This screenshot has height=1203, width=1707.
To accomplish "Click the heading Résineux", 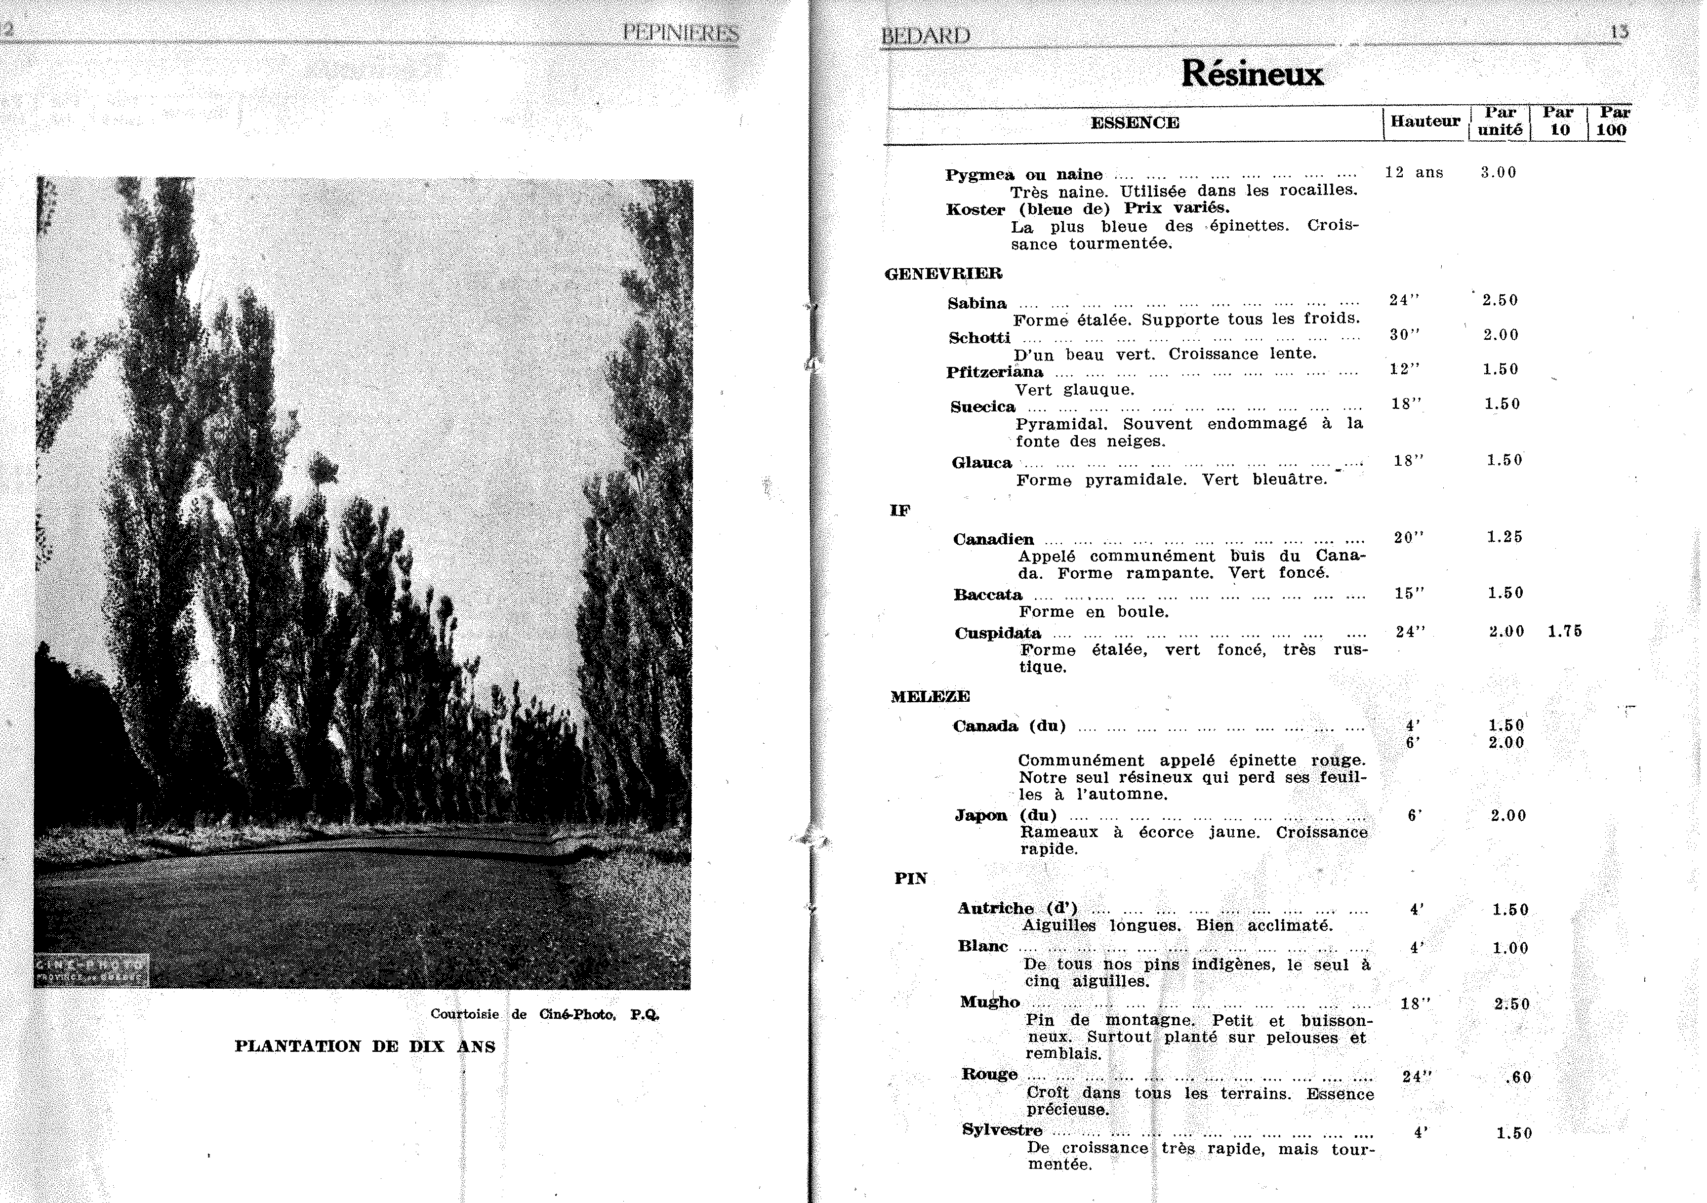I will point(1252,74).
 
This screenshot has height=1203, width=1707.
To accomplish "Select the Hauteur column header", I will point(1424,121).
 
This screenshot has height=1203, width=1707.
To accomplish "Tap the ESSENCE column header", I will point(1135,122).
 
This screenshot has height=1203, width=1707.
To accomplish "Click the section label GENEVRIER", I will point(943,274).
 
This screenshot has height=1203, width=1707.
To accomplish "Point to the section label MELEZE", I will point(930,697).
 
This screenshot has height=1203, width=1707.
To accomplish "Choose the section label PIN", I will point(911,879).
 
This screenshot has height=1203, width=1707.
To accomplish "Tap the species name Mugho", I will point(989,1002).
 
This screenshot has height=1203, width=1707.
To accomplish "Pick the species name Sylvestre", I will point(1002,1130).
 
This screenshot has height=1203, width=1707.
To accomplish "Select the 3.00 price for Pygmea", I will point(1498,172).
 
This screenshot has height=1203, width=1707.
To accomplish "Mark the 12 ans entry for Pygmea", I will point(1413,172).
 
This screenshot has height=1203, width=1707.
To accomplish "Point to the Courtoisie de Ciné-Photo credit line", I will point(544,1014).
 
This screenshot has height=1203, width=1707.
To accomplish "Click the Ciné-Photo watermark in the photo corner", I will point(91,970).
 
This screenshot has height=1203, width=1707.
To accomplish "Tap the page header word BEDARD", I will point(925,36).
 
